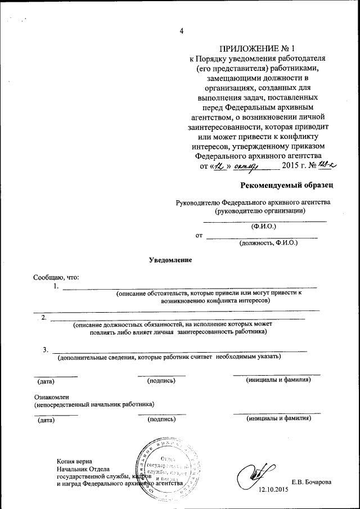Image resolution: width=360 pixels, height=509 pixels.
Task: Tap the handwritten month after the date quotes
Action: point(245,165)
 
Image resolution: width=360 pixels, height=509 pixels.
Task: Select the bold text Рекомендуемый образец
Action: point(287,185)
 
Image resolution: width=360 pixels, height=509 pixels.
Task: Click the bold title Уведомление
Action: point(170,260)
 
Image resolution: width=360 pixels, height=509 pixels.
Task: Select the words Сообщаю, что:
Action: point(56,277)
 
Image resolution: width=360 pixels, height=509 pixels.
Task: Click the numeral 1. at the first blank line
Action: point(56,287)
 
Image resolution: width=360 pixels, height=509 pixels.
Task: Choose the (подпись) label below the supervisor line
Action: point(161,419)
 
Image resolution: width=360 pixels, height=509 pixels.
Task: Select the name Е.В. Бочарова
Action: point(311,483)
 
